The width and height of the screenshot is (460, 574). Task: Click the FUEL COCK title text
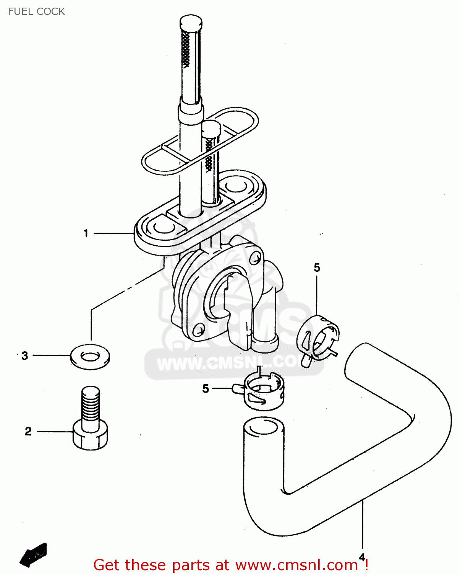[x=36, y=11]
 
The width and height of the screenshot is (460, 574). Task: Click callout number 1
[x=86, y=233]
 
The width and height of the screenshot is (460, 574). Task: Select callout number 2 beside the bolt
[x=28, y=431]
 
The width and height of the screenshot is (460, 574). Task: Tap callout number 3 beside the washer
[x=25, y=355]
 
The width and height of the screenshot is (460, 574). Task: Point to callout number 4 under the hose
[x=362, y=557]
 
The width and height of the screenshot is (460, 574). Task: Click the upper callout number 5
[x=317, y=267]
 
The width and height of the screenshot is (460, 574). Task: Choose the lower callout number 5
[x=206, y=389]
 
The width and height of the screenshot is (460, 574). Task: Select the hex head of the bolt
[x=90, y=436]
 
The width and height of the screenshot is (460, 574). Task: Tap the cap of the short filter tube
[x=211, y=128]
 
